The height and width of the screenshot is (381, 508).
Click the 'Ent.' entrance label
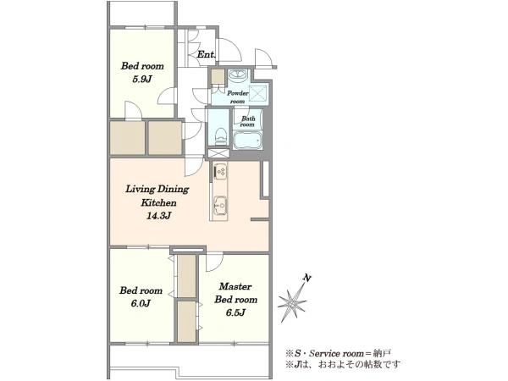pyautogui.click(x=207, y=54)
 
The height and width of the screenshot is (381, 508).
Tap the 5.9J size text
pyautogui.click(x=142, y=80)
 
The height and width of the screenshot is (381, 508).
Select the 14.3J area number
pyautogui.click(x=158, y=216)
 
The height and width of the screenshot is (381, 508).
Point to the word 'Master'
pyautogui.click(x=235, y=287)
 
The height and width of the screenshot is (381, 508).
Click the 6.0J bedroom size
pyautogui.click(x=141, y=304)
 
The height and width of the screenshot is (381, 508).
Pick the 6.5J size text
pyautogui.click(x=235, y=312)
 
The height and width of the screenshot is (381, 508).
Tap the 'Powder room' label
pyautogui.click(x=237, y=97)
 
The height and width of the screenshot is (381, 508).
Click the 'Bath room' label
pyautogui.click(x=247, y=121)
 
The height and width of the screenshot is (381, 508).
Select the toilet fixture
pyautogui.click(x=221, y=136)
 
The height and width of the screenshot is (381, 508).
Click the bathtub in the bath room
pyautogui.click(x=247, y=141)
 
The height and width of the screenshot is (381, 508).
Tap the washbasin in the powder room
pyautogui.click(x=238, y=75)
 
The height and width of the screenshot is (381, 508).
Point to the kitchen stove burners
pyautogui.click(x=221, y=172)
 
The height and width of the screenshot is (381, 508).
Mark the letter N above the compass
pyautogui.click(x=306, y=278)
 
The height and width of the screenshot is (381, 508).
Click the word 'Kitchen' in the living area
pyautogui.click(x=158, y=203)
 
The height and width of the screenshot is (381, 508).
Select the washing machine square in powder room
pyautogui.click(x=258, y=94)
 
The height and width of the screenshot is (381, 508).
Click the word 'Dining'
pyautogui.click(x=173, y=189)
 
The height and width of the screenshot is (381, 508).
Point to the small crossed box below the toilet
pyautogui.click(x=218, y=153)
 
